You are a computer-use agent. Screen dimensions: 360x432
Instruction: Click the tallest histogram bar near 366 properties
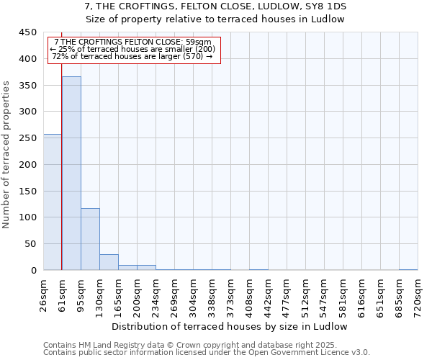coord(71,173)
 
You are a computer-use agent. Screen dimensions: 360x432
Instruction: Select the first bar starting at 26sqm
coord(53,202)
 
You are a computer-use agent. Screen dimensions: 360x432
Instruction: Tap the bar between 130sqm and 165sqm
coord(109,262)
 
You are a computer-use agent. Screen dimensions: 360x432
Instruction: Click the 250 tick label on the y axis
coord(27,138)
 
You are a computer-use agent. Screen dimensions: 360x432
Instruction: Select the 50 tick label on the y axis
coord(30,244)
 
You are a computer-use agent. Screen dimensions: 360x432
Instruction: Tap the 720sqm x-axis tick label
coord(418,296)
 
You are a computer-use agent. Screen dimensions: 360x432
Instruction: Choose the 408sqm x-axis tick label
coord(249,296)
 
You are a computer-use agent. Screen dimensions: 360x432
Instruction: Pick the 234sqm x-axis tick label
coord(156,296)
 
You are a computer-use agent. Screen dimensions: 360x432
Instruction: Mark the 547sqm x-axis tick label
coord(324,296)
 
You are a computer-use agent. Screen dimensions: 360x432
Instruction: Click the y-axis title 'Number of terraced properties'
coord(7,154)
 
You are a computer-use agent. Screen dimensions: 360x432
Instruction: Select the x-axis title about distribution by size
coord(230,326)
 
